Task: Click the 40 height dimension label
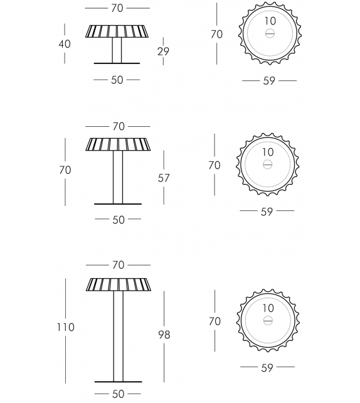coord(65,44)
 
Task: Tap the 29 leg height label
coord(163,51)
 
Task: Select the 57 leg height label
coord(164,178)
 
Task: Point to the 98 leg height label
coord(164,335)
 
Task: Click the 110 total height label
coord(65,327)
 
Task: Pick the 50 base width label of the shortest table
coord(117,80)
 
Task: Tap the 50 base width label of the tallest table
coord(118,394)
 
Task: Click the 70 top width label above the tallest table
coord(119,265)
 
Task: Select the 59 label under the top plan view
coord(269,81)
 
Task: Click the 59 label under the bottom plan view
coord(267,368)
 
